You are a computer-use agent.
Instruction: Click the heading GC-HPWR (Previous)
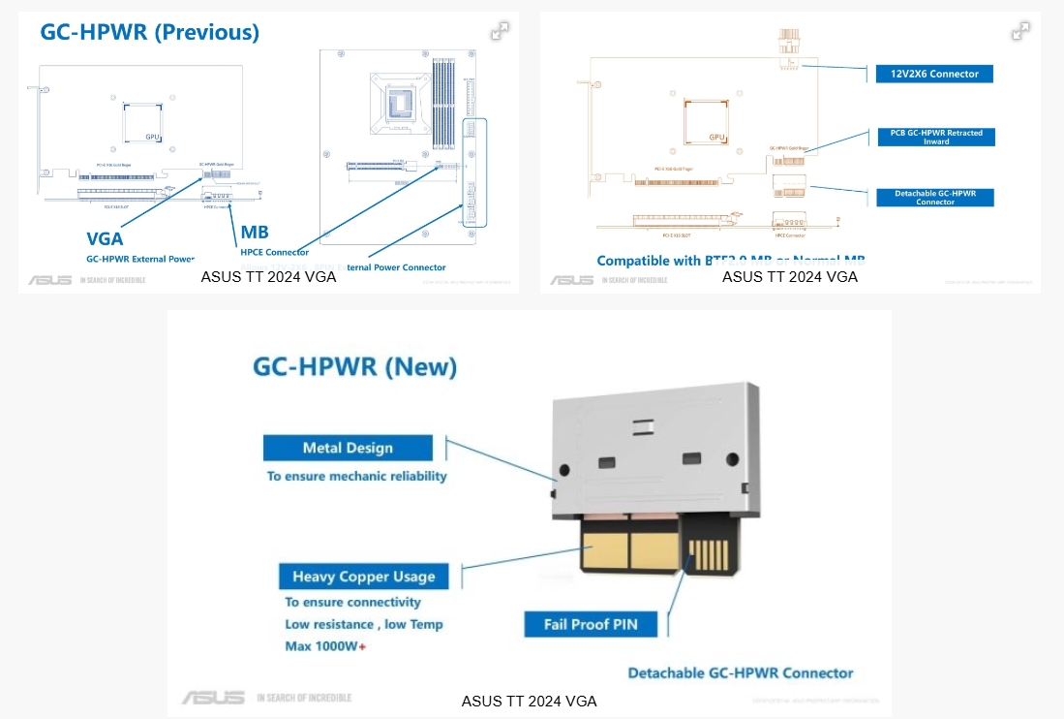click(x=149, y=32)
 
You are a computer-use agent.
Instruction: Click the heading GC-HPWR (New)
click(x=354, y=367)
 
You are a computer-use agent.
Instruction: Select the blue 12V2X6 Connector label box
click(x=934, y=74)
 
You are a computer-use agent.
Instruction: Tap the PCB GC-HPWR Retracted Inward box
click(x=936, y=137)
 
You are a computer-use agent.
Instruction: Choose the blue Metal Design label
click(x=348, y=448)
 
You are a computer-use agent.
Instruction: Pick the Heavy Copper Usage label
click(x=364, y=577)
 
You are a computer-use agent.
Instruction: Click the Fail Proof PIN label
click(x=591, y=624)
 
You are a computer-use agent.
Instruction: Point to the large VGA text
click(x=105, y=238)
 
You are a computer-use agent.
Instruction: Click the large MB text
click(x=254, y=233)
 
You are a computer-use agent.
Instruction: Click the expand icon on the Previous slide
click(x=500, y=31)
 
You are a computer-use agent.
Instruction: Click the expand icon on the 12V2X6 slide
click(x=1020, y=31)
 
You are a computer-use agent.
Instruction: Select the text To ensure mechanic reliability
click(x=356, y=476)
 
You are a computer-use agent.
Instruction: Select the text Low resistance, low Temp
click(x=363, y=625)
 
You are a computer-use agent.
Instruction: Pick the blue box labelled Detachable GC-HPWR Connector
click(x=935, y=198)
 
